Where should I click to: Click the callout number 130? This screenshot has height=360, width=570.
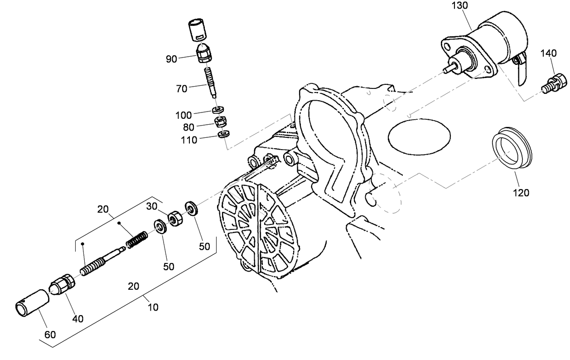tap(460, 5)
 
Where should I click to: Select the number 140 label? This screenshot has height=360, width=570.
tap(548, 54)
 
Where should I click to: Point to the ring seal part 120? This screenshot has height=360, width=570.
tap(512, 149)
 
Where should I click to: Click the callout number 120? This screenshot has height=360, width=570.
tap(521, 193)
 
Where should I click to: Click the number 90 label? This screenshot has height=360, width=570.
tap(171, 58)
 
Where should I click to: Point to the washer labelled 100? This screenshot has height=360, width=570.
tap(218, 110)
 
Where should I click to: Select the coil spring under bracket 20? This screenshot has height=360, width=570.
tap(137, 239)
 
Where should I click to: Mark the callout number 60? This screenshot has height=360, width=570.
tap(50, 335)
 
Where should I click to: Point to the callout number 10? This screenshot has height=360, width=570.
tap(153, 307)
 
